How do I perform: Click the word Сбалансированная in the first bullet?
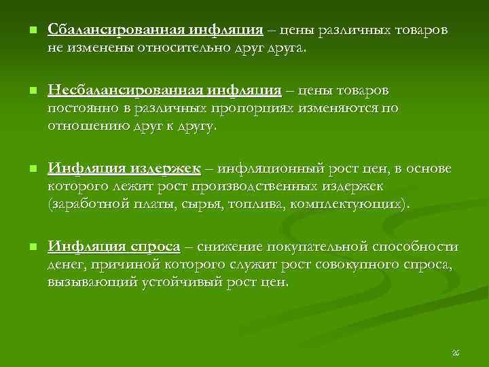[x=109, y=31]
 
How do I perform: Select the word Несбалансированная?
[x=116, y=90]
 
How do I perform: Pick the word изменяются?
[x=346, y=109]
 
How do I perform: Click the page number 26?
[x=456, y=353]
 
